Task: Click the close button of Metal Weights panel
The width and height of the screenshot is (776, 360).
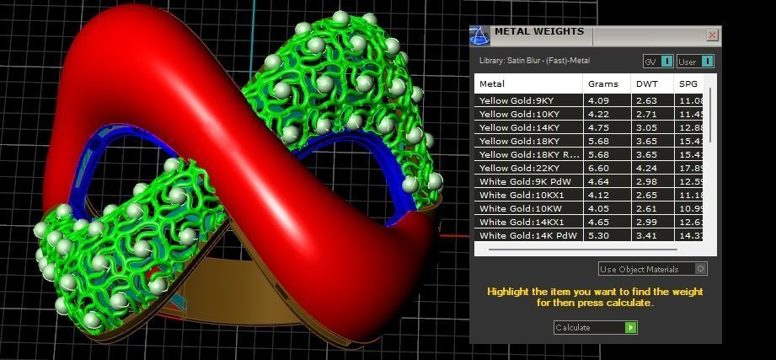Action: point(713,35)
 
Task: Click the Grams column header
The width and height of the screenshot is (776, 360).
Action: point(603,83)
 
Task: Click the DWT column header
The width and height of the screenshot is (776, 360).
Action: point(647,83)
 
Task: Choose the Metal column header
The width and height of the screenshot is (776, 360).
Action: point(492,83)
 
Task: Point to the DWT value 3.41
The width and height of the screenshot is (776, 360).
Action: point(646,235)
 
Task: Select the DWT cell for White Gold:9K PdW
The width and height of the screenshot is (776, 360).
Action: point(646,181)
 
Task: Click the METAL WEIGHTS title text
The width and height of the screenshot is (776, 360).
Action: point(538,32)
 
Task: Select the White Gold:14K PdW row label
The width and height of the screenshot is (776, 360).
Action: point(516,235)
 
